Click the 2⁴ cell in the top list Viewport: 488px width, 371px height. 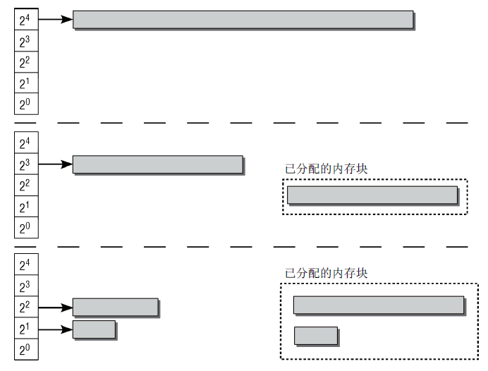(27, 19)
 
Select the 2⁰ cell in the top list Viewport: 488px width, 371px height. (27, 104)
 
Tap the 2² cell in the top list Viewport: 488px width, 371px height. (27, 62)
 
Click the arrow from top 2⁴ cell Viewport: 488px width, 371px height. (56, 19)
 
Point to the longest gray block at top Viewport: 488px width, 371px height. (243, 20)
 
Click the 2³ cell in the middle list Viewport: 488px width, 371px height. (27, 164)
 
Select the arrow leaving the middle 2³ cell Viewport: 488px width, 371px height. (56, 164)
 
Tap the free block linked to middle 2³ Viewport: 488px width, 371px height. (158, 164)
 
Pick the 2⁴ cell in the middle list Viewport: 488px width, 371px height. (27, 142)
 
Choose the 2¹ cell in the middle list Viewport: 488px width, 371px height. (27, 207)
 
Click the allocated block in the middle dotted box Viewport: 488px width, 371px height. (372, 195)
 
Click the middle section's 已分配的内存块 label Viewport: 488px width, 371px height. (327, 169)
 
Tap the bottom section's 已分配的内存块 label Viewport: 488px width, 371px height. (327, 273)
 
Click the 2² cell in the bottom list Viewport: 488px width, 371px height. (27, 307)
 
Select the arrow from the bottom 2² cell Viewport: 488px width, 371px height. (56, 308)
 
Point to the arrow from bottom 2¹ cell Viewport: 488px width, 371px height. (56, 329)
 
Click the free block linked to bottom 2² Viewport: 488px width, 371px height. (116, 308)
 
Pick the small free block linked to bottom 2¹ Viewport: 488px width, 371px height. (94, 329)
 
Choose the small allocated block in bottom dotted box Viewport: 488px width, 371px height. (316, 336)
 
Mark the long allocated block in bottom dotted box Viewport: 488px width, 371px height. (379, 305)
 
